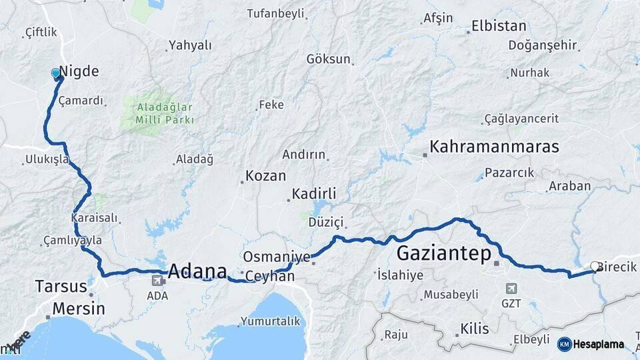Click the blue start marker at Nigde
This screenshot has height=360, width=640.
click(x=55, y=73)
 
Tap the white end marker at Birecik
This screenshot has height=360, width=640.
click(x=595, y=267)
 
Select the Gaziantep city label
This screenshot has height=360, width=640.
click(x=443, y=253)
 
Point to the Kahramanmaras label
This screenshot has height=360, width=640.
click(x=494, y=147)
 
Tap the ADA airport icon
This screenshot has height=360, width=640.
click(x=157, y=281)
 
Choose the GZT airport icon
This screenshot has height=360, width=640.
click(x=511, y=289)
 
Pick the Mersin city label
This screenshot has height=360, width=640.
click(x=78, y=309)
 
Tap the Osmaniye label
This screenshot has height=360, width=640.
click(x=277, y=257)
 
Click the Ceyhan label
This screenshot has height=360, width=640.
click(x=270, y=275)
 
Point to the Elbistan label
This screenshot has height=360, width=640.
click(x=499, y=27)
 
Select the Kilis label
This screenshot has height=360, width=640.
click(x=474, y=329)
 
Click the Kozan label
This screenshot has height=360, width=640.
click(x=265, y=176)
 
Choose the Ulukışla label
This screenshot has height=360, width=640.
click(x=46, y=159)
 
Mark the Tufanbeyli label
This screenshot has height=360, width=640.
click(x=275, y=13)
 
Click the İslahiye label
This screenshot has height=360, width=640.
click(x=401, y=274)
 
